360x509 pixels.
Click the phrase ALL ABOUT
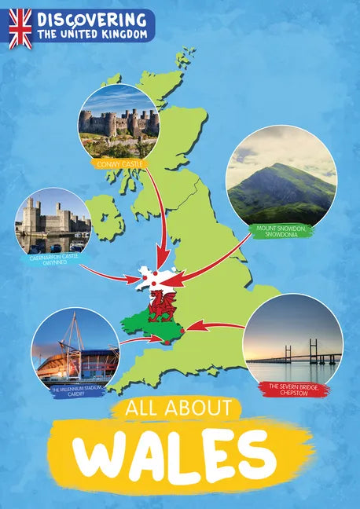pos(175,408)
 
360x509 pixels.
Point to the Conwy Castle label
pos(117,164)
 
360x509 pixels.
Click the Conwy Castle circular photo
pos(119,122)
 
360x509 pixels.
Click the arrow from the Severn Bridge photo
pos(216,324)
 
